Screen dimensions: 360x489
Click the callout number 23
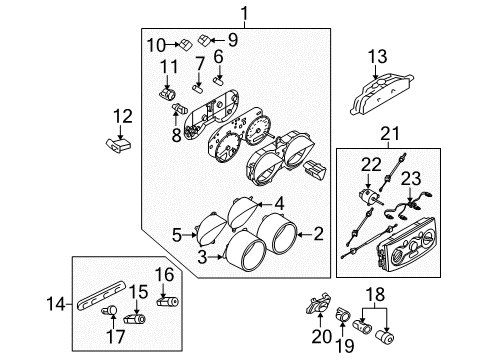pyautogui.click(x=411, y=178)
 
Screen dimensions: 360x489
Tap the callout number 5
pyautogui.click(x=176, y=235)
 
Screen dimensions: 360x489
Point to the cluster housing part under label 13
pyautogui.click(x=379, y=95)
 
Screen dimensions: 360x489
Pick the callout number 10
pyautogui.click(x=156, y=43)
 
